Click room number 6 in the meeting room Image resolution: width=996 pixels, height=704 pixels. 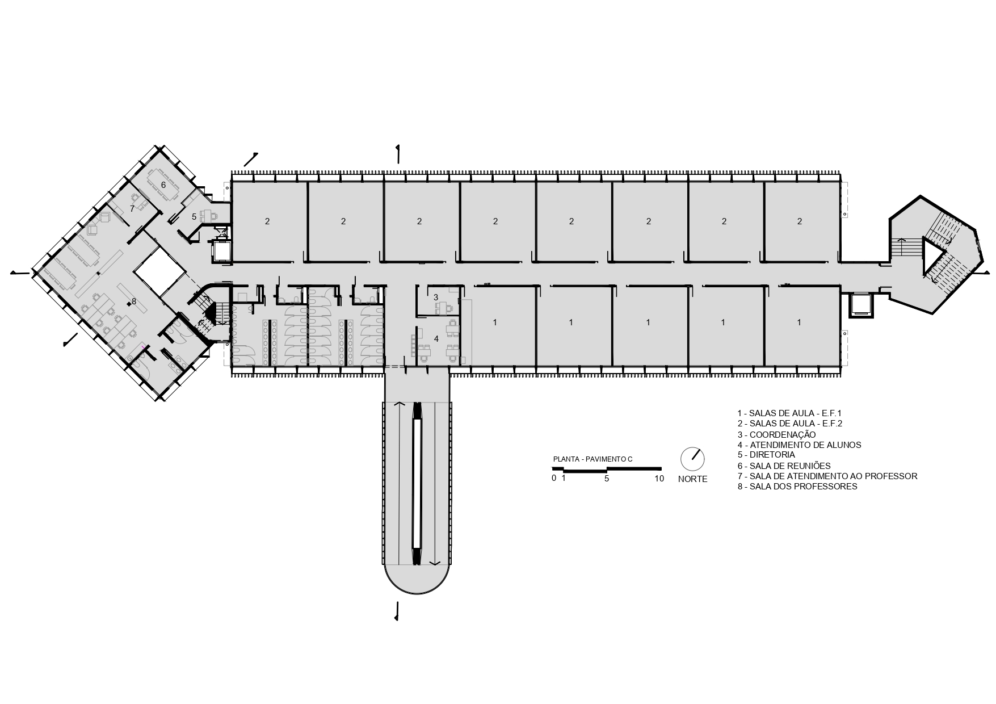coord(163,185)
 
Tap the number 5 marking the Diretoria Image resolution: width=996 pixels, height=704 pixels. coord(194,217)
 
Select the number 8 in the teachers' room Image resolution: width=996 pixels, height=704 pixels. coord(134,301)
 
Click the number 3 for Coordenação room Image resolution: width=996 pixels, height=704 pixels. coord(436,297)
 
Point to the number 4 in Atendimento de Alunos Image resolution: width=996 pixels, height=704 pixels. coord(436,338)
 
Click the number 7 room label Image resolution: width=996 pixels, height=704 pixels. coord(132,209)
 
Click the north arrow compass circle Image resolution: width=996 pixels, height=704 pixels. coord(692,459)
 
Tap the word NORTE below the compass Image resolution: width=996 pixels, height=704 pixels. coord(692,479)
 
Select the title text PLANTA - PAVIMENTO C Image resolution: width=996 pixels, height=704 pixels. coord(592,459)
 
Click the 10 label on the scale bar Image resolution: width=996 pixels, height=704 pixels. coord(659,479)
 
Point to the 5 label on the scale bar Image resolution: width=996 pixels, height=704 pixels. coord(607,479)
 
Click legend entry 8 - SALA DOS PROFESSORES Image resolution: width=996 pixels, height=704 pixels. coord(797,487)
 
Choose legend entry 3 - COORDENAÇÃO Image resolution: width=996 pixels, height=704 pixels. coord(776,434)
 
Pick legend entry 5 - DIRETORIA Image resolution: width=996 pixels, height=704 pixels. coord(766,455)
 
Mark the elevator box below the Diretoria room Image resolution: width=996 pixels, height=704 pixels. coord(221,251)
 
